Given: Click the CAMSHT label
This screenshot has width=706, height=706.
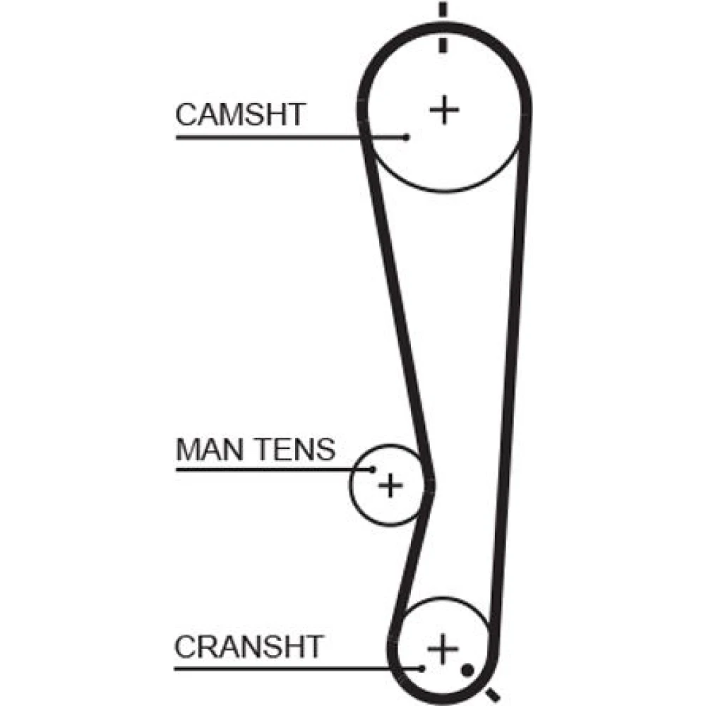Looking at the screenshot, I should (240, 114).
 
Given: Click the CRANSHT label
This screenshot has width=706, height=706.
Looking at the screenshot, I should (249, 645).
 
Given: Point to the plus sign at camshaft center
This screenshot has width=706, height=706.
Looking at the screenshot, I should (445, 109).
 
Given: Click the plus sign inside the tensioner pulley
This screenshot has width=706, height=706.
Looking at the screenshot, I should (389, 485).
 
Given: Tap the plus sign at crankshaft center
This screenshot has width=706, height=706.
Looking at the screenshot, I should (443, 648).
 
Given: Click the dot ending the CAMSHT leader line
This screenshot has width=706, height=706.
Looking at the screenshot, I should (407, 137).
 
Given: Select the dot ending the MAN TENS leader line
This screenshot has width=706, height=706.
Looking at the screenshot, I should (373, 468).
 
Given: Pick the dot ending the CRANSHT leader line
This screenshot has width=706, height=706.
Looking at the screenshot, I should (421, 668).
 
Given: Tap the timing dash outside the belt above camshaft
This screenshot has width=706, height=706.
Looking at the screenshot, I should (443, 10).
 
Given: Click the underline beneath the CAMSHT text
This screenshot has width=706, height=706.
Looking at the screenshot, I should (282, 137).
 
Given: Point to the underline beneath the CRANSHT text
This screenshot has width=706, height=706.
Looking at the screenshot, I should (282, 668).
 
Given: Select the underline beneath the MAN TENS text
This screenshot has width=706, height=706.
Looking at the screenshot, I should (268, 468).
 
